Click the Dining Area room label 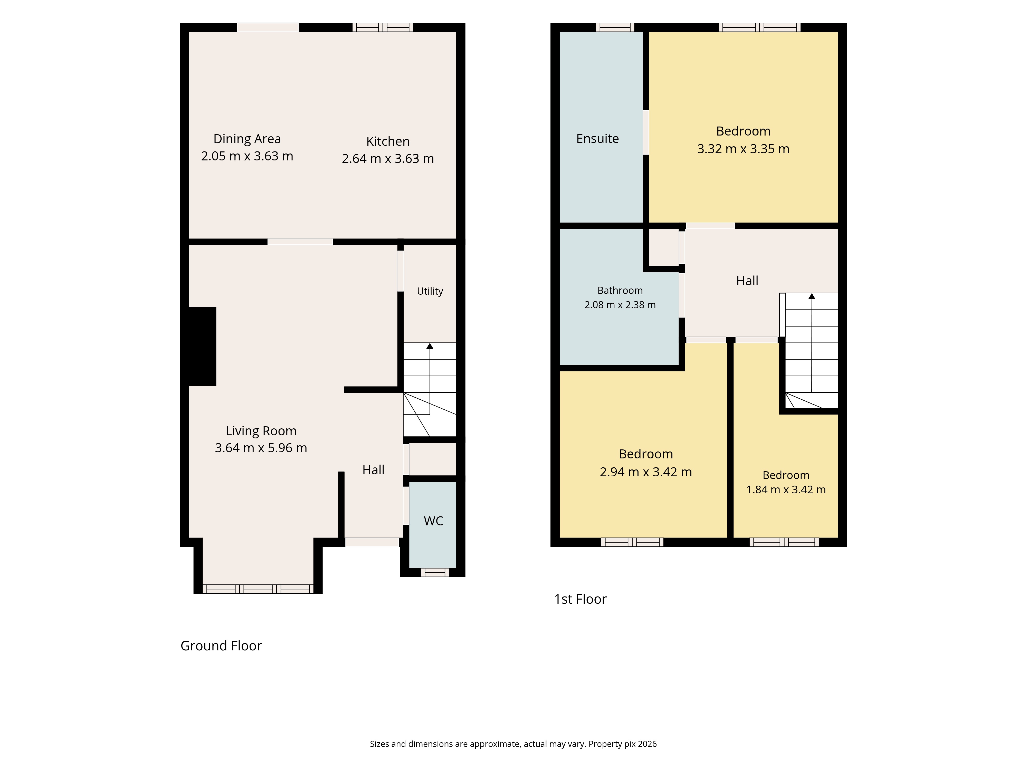pyautogui.click(x=247, y=139)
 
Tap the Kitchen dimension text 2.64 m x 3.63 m pyautogui.click(x=388, y=159)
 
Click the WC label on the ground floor pyautogui.click(x=433, y=521)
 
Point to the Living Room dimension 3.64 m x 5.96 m pyautogui.click(x=261, y=448)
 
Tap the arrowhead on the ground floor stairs pyautogui.click(x=430, y=346)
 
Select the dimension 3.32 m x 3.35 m pyautogui.click(x=743, y=149)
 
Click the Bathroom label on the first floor pyautogui.click(x=620, y=291)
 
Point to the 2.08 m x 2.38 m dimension pyautogui.click(x=620, y=305)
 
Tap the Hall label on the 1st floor pyautogui.click(x=747, y=281)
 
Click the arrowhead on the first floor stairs pyautogui.click(x=812, y=296)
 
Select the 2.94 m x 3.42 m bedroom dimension pyautogui.click(x=646, y=472)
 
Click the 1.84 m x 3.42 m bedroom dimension pyautogui.click(x=786, y=490)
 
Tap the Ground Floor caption pyautogui.click(x=221, y=646)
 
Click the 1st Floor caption pyautogui.click(x=580, y=599)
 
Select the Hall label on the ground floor pyautogui.click(x=373, y=470)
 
